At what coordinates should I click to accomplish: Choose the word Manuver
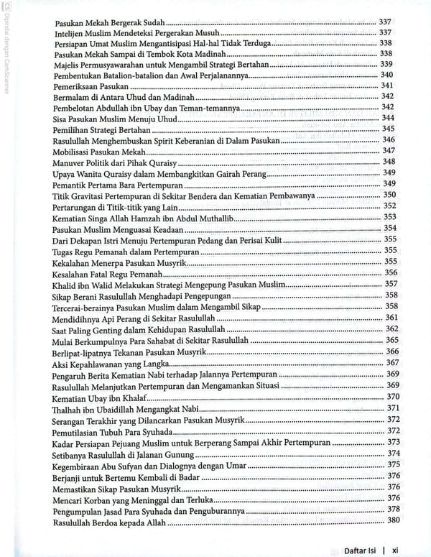click(70, 162)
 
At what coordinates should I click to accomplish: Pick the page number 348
click(389, 162)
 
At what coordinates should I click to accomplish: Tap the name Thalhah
click(68, 408)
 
